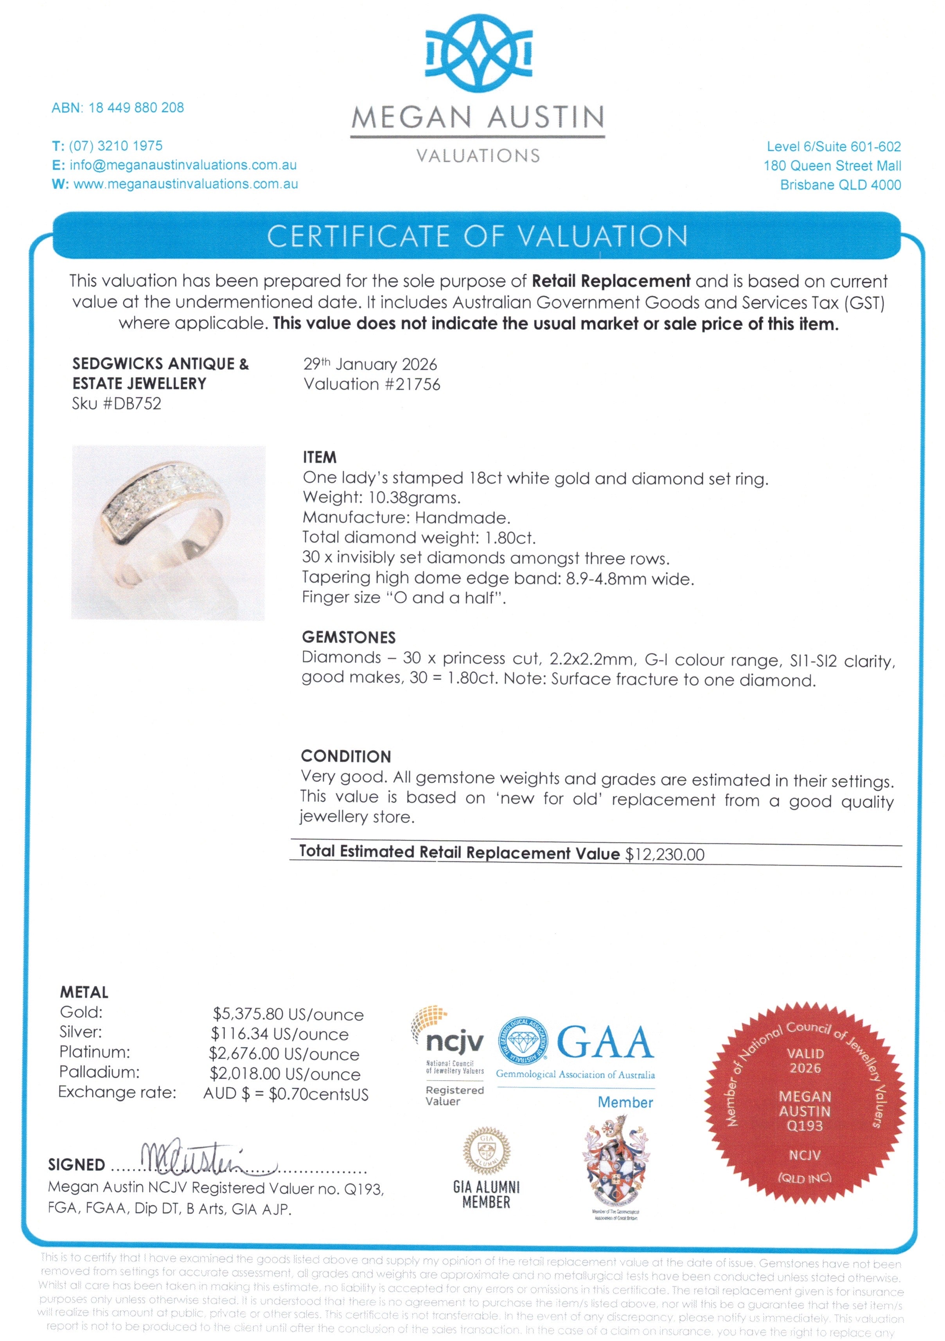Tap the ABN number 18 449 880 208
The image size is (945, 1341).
click(x=136, y=108)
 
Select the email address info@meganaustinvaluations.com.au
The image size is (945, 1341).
click(x=182, y=165)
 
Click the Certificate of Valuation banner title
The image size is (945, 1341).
click(x=477, y=237)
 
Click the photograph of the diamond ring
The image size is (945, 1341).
click(x=168, y=532)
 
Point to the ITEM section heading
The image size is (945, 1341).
click(x=319, y=457)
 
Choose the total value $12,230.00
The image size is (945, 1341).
click(x=665, y=855)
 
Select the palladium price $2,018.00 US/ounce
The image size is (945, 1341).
click(x=285, y=1074)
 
